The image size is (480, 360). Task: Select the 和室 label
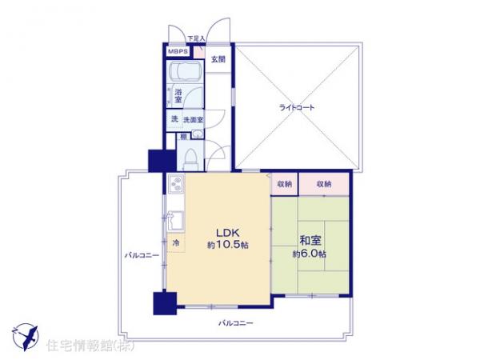click(x=310, y=239)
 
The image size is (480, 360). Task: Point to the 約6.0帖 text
click(x=310, y=254)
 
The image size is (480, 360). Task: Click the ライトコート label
click(x=296, y=106)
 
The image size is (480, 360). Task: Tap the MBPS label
click(x=178, y=52)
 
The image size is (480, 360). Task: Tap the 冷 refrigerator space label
click(x=174, y=242)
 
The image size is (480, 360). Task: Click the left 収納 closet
click(x=285, y=184)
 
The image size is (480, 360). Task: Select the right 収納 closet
click(x=323, y=184)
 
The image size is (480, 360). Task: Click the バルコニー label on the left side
click(x=141, y=256)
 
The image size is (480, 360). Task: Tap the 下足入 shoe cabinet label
click(x=196, y=38)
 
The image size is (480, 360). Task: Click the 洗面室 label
click(x=193, y=119)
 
